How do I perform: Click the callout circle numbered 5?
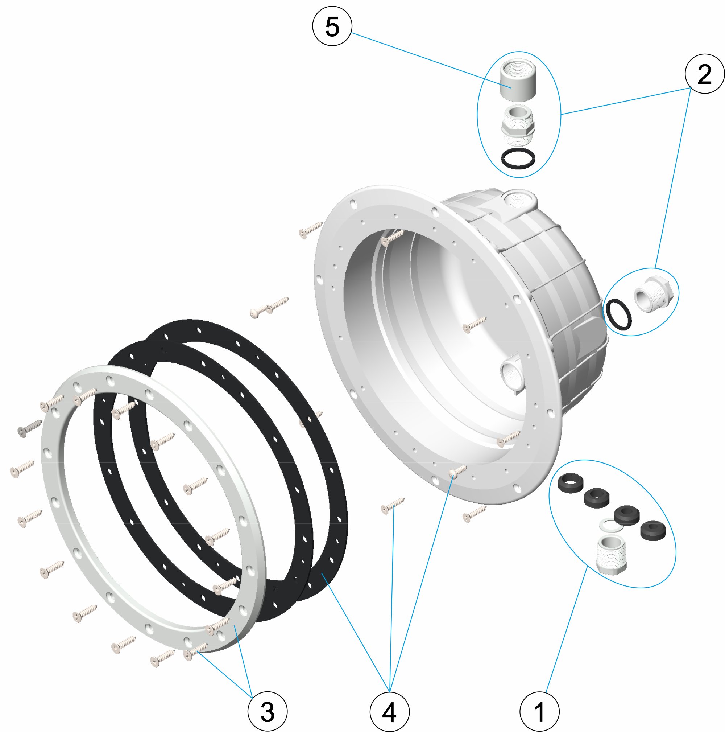[332, 26]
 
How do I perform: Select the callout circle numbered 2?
[704, 74]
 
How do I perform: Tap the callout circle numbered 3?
[267, 711]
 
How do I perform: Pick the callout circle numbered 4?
[389, 711]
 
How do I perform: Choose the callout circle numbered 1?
[539, 711]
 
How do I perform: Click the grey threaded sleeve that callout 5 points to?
[518, 80]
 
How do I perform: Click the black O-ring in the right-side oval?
[618, 314]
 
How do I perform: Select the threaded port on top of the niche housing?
[518, 199]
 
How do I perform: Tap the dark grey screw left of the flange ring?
[29, 428]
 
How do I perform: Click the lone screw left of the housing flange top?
[310, 230]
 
